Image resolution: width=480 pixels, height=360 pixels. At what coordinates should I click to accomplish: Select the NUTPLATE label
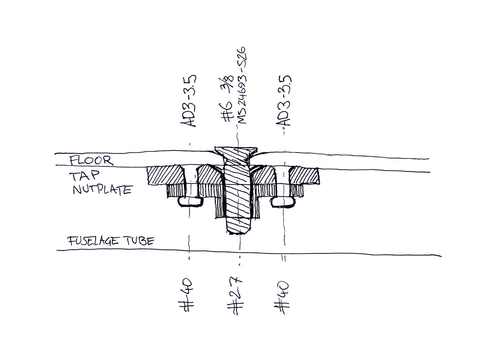(x=102, y=190)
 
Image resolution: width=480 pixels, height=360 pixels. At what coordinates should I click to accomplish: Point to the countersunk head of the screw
(x=235, y=152)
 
